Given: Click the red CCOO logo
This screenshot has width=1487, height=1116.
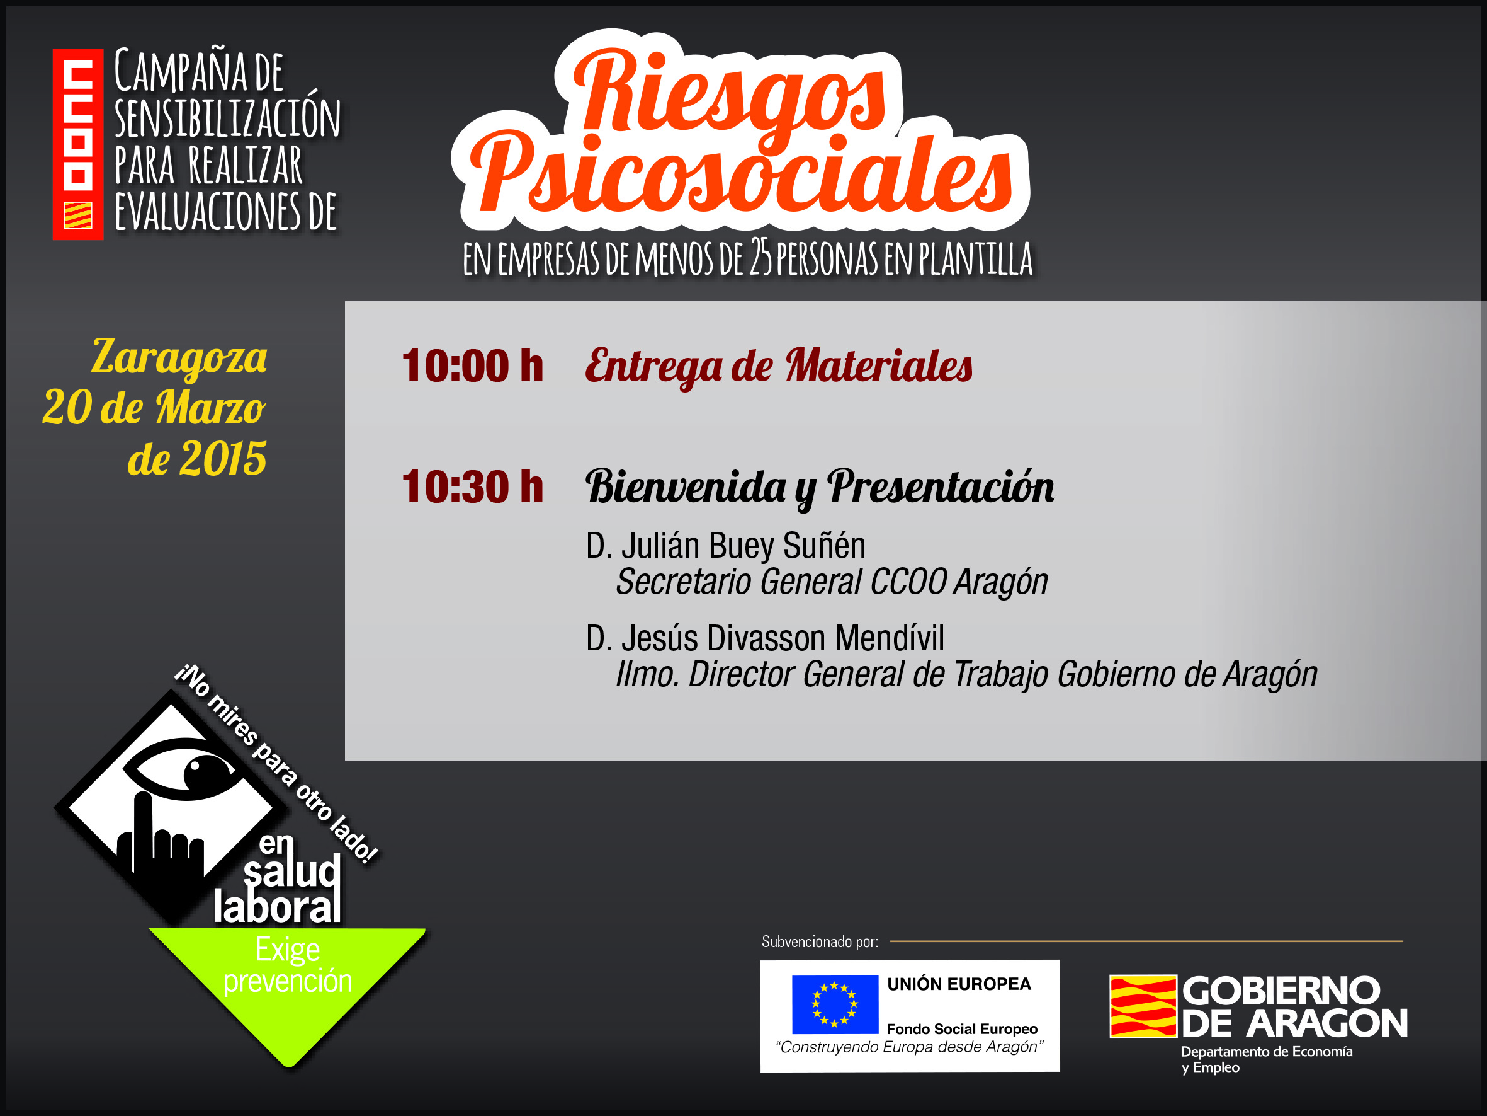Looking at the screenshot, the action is point(78,145).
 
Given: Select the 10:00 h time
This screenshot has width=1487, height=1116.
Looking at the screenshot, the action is point(472,367).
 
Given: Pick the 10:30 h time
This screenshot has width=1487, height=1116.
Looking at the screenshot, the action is point(472,487).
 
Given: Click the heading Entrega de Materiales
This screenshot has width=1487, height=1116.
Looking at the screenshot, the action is point(779,367).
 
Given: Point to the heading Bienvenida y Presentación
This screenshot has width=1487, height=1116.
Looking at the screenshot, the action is point(820,487).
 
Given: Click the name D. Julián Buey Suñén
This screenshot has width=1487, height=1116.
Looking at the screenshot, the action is point(725,546).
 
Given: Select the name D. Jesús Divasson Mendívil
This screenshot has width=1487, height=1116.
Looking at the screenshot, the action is point(765,638).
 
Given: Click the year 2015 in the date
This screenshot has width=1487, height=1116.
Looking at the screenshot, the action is point(223,459).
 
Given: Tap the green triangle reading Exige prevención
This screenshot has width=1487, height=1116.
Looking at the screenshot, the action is point(288,982).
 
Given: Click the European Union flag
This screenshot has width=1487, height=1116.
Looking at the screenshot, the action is point(835,1004).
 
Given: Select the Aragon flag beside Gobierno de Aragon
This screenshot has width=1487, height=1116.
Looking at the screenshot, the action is point(1143,1006).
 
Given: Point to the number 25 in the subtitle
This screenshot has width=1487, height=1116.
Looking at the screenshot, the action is point(762,258).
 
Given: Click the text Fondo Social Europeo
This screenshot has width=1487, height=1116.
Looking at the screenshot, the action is point(962,1029).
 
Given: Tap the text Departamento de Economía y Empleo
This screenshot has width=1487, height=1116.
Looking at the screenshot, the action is point(1267,1059).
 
